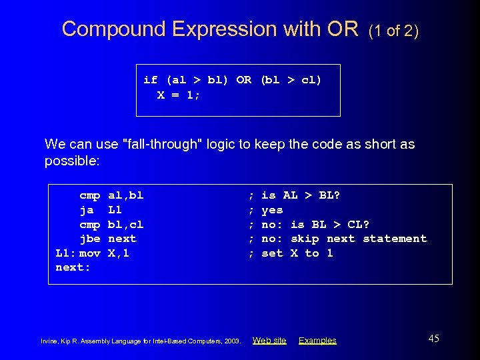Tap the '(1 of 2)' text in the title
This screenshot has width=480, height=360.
393,30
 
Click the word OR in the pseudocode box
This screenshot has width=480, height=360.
243,80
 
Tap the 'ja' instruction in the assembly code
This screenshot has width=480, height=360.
87,209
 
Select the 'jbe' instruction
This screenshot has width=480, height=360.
89,239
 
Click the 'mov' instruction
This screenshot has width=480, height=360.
89,253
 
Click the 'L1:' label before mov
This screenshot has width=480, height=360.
65,253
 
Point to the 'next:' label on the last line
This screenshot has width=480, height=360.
72,267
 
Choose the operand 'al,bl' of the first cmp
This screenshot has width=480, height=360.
125,195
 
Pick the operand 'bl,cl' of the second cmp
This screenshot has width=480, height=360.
125,224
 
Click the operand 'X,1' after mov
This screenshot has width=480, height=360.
118,253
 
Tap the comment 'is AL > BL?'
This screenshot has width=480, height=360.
300,195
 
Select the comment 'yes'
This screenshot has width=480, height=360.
272,209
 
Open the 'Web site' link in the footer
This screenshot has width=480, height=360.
269,341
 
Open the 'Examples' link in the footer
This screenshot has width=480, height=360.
317,341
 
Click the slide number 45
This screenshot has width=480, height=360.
433,339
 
